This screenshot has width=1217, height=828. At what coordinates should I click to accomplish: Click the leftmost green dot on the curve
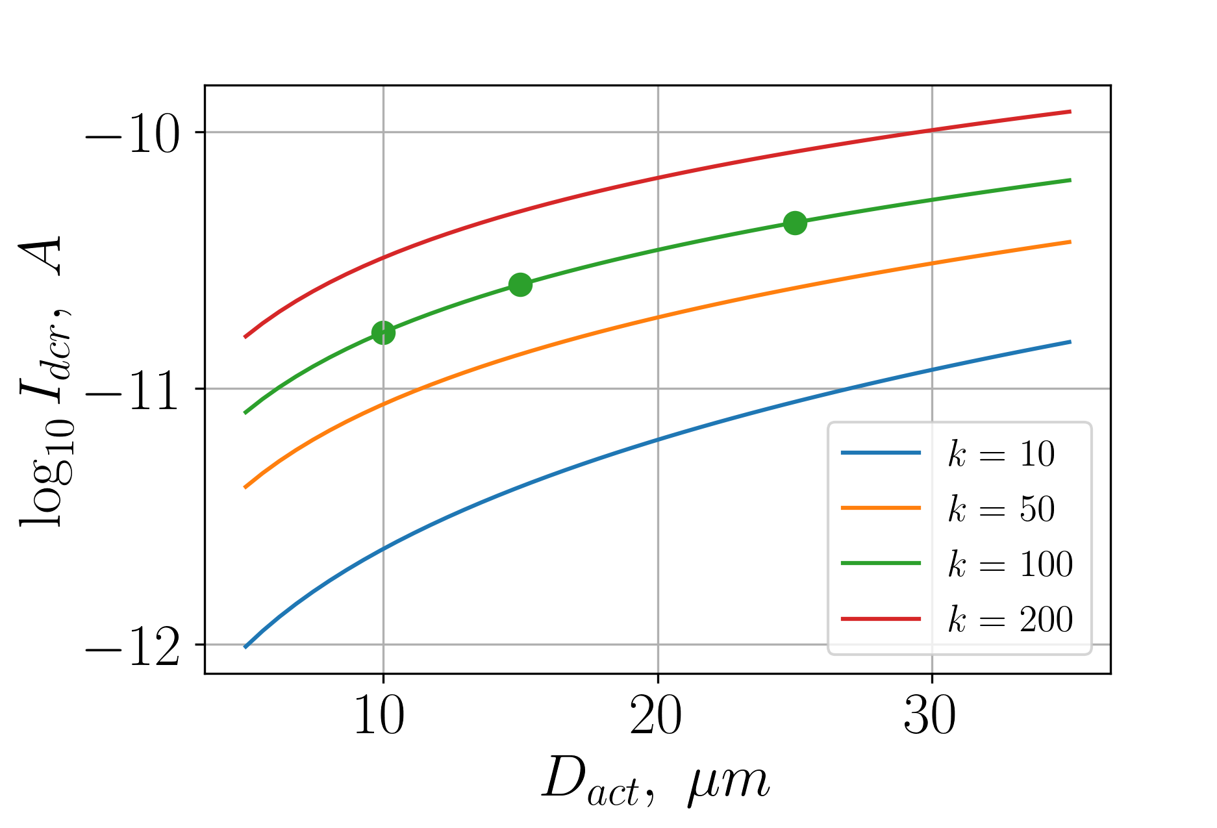(383, 332)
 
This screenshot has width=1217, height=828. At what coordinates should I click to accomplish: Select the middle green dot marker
(520, 284)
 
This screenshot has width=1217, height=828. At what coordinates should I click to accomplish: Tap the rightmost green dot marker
(795, 223)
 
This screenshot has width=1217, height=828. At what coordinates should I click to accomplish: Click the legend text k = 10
(1001, 453)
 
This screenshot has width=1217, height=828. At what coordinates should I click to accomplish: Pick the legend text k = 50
(1001, 508)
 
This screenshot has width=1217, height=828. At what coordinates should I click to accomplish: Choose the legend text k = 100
(1010, 564)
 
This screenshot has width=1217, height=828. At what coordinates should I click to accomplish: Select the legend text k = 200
(1010, 619)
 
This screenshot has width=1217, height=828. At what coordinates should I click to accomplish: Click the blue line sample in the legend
(881, 453)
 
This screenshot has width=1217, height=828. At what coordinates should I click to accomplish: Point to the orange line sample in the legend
(881, 508)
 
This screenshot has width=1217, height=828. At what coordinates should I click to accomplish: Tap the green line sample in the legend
(881, 563)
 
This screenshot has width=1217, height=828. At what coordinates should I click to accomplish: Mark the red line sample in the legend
(881, 619)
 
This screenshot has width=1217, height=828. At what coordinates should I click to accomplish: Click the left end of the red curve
(245, 337)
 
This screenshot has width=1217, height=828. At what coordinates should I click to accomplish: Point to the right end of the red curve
(1070, 112)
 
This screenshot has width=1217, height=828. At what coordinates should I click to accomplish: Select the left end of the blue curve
(245, 647)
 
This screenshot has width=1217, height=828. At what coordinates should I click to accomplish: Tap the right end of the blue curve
(1070, 342)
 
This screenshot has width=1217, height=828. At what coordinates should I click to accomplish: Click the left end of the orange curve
(245, 486)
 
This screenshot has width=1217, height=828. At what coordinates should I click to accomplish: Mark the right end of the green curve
(1070, 180)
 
